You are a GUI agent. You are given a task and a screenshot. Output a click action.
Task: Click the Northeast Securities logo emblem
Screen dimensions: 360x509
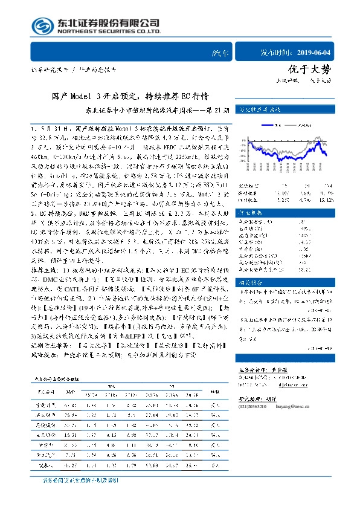pos(42,25)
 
